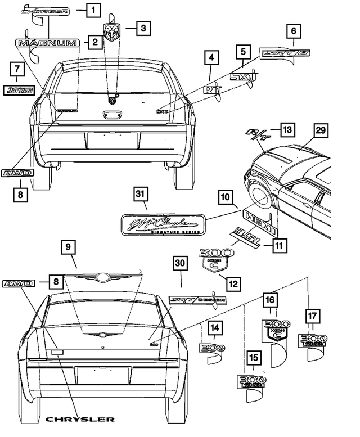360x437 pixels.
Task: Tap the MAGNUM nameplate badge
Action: coord(51,43)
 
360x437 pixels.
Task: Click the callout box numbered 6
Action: coord(293,31)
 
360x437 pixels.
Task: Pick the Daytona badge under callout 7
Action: coord(19,89)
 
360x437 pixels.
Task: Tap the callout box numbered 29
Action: coord(320,130)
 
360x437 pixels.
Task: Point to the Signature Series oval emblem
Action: coord(162,224)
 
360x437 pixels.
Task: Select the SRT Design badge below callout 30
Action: coord(197,300)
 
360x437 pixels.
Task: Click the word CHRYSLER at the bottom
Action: coord(80,419)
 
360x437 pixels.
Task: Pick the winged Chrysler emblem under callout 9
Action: coord(102,277)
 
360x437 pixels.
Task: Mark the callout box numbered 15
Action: coord(254,358)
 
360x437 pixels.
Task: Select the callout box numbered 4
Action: coord(211,58)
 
